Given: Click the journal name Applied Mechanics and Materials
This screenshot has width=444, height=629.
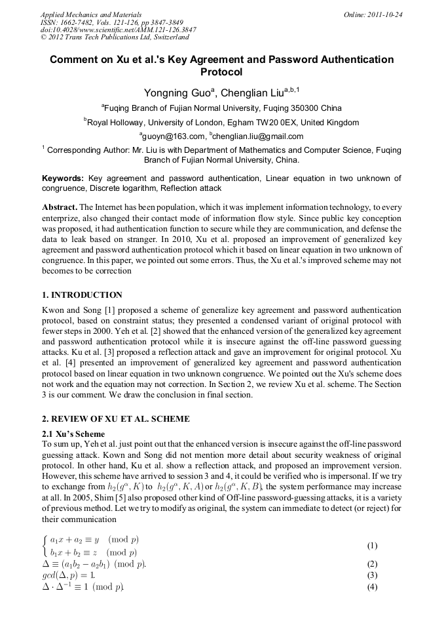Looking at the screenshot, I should coord(91,14).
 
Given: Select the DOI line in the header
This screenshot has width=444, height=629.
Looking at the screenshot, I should coord(118,30).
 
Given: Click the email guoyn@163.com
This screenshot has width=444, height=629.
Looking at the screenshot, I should coord(174,136).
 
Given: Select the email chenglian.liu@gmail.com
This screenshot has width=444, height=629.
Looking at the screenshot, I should coord(258,136).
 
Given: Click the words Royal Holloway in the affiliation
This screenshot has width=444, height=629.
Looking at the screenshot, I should coord(116,123).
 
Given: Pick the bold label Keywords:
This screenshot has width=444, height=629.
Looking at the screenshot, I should coord(63,178).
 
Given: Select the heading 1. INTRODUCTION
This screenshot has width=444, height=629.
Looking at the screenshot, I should coord(82,295).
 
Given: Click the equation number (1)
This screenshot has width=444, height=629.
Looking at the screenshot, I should coord(372,546).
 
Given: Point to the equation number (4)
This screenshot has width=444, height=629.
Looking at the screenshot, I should coord(372,587).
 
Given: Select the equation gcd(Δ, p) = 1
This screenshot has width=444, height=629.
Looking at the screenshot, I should coord(68,575).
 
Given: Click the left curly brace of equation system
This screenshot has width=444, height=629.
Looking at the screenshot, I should coord(45,546).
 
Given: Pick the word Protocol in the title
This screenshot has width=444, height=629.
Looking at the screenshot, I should coord(221,72).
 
